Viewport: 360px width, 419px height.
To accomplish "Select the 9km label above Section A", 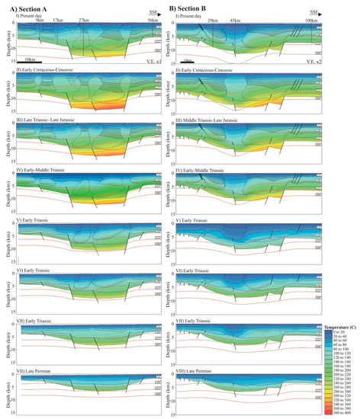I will click(x=40, y=18).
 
